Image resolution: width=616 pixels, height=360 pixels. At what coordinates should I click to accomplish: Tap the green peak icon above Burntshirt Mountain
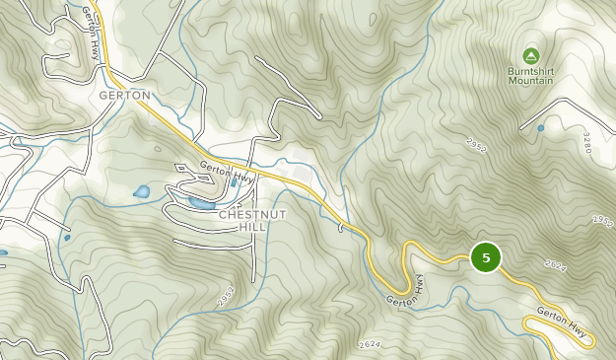531,55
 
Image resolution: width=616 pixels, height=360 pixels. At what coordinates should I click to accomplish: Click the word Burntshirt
531,71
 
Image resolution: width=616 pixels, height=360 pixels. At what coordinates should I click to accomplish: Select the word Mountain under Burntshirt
531,81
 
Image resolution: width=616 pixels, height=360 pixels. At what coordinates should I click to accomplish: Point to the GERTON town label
124,96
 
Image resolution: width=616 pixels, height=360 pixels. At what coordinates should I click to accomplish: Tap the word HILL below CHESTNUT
250,227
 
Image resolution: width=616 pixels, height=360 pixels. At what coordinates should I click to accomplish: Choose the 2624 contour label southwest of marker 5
370,343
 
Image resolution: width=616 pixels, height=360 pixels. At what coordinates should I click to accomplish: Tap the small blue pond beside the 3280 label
540,128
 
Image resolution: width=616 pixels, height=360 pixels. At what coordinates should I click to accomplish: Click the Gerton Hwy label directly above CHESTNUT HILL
227,171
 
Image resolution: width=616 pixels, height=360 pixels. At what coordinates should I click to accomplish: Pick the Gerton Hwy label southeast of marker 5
563,324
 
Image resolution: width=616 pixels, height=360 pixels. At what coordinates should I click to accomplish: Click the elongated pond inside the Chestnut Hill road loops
200,204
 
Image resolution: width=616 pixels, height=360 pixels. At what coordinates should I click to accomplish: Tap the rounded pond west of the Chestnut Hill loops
142,190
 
